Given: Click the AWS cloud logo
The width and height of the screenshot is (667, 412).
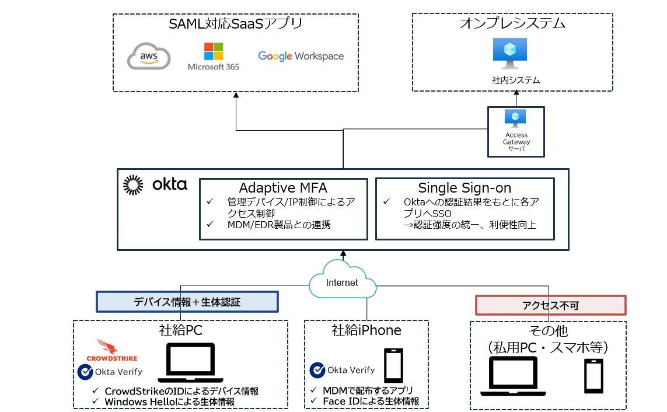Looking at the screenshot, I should click(x=149, y=57).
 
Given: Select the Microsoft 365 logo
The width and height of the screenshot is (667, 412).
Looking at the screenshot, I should click(x=214, y=56).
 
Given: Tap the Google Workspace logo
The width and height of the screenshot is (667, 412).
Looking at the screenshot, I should click(x=301, y=57).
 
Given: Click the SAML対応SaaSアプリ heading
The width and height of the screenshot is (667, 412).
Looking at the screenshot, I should click(x=235, y=24).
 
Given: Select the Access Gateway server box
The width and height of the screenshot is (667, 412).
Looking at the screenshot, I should click(x=516, y=131).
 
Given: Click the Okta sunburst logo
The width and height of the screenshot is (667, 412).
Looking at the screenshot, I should click(x=133, y=185).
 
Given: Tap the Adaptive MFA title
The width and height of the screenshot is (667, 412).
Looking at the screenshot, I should click(x=283, y=188).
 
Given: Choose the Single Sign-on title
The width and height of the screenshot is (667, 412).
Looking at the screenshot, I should click(x=465, y=188).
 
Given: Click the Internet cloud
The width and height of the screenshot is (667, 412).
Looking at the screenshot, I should click(x=343, y=280).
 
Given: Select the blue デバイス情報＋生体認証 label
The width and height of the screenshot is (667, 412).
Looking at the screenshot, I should click(x=187, y=302).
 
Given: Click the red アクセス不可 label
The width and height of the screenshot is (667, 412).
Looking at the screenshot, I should click(x=550, y=305).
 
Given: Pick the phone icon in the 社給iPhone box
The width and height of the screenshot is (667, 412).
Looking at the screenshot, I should click(x=393, y=365).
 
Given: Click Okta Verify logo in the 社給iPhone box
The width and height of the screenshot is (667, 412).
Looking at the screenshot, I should click(x=317, y=370).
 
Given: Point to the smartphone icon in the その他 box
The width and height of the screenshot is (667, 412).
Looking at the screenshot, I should click(x=593, y=377).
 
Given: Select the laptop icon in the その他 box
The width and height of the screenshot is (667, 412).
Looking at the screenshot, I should click(x=512, y=375).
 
